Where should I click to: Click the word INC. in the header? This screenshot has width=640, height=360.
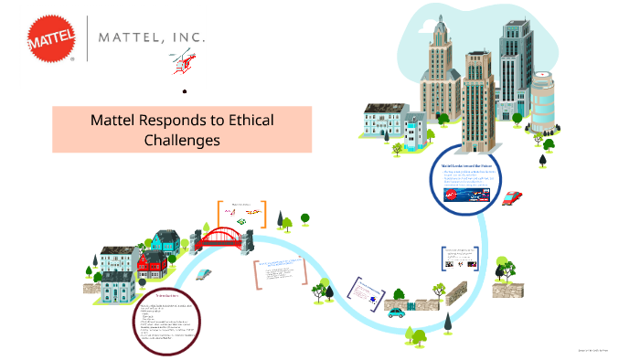[x=187, y=39]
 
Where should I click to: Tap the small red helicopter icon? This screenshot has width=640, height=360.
[x=181, y=64]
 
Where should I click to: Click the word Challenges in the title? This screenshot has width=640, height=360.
[x=182, y=140]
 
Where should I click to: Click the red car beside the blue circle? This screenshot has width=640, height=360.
[x=512, y=197]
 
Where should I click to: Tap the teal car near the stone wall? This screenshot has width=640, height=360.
[x=396, y=312]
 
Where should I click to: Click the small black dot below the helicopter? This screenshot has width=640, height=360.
[x=185, y=91]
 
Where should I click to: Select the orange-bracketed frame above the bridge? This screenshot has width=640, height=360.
[x=241, y=214]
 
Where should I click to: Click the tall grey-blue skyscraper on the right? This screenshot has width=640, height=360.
[x=516, y=73]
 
